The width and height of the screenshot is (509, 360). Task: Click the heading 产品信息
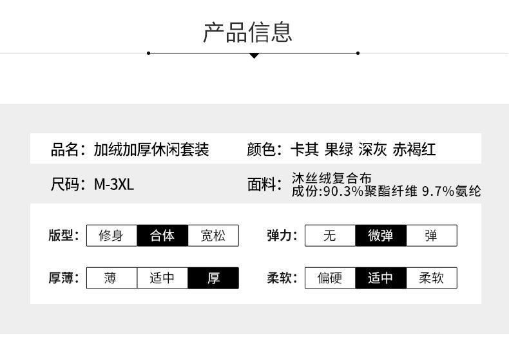[247, 32]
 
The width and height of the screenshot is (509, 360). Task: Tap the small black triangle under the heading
[254, 56]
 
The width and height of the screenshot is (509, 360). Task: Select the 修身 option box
[111, 236]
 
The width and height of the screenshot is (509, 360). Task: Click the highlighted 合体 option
[162, 236]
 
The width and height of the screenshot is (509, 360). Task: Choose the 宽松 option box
[213, 236]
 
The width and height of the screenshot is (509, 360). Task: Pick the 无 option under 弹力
[330, 236]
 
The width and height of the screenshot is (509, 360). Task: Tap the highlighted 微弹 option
[381, 236]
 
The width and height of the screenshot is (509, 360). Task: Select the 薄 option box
[111, 278]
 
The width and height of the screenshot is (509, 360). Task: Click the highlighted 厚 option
[213, 278]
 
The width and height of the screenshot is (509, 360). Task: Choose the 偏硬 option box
[330, 278]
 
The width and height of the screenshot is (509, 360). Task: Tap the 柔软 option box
[431, 278]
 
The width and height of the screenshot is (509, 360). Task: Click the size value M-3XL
[114, 185]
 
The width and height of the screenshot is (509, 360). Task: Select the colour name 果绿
[339, 150]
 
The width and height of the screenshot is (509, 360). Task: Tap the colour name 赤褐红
[414, 150]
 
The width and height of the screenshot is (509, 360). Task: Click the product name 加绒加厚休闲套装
[151, 150]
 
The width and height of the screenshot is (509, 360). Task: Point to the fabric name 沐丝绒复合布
[331, 178]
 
